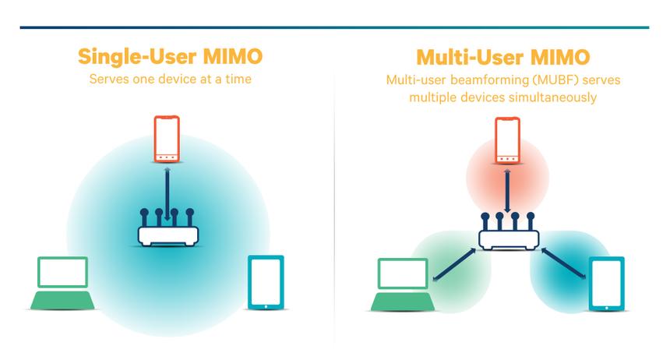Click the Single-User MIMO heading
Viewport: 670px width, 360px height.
coord(170,56)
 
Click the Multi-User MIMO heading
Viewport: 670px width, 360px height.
coord(503,56)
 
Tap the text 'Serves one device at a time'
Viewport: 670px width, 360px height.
coord(170,79)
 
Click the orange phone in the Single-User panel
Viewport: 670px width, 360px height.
coord(167,139)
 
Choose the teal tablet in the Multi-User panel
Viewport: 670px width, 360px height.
coord(605,284)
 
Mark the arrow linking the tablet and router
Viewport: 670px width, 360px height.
coord(562,262)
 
